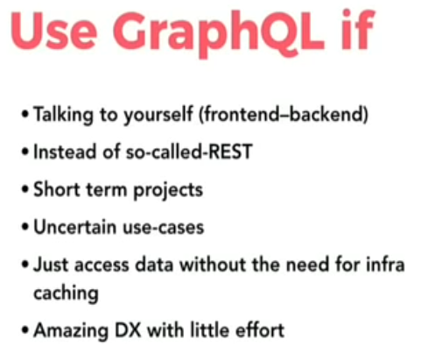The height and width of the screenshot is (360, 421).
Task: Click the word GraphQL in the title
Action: click(219, 32)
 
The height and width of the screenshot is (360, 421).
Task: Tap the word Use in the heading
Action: click(53, 32)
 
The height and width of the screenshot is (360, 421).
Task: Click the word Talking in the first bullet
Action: click(63, 115)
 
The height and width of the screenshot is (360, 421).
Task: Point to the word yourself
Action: click(158, 115)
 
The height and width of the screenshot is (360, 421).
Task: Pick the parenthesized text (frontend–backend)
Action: click(284, 114)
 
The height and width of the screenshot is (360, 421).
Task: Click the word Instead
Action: click(65, 152)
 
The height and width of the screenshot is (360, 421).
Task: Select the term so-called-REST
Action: click(189, 152)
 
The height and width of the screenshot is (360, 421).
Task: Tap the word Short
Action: click(57, 189)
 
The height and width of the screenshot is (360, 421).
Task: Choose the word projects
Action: click(168, 190)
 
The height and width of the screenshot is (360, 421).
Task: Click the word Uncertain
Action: click(74, 227)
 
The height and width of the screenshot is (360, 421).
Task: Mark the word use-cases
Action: click(164, 228)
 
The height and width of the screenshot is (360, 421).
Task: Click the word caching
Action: click(66, 293)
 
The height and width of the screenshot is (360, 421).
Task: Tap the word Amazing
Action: click(71, 331)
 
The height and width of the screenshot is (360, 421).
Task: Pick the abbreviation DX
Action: click(128, 330)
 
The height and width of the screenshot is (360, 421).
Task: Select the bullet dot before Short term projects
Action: click(25, 189)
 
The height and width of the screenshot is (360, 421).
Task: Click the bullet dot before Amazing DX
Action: click(25, 330)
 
